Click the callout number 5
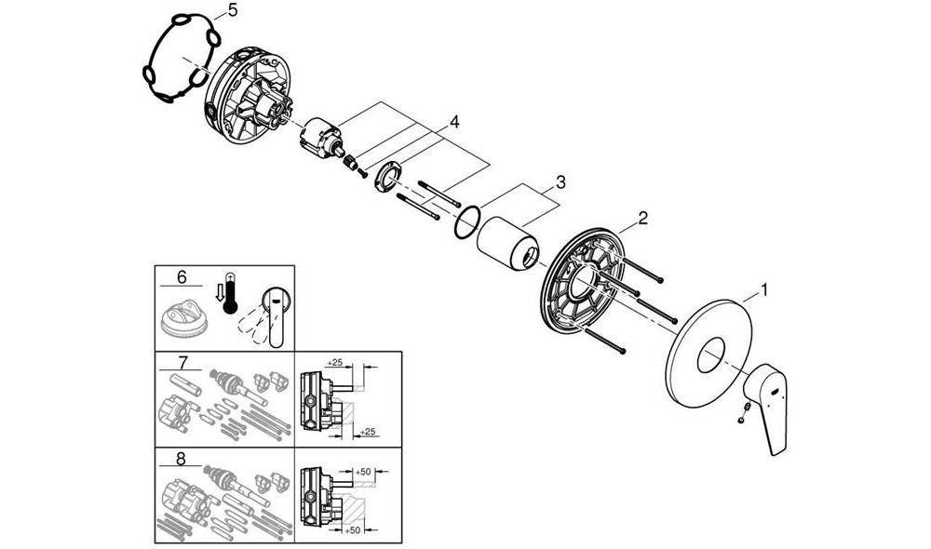click(232, 10)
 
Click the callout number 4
click(453, 123)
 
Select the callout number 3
click(560, 182)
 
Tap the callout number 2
click(642, 219)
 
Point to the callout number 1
click(765, 290)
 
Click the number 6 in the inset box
click(182, 277)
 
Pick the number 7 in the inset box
click(182, 362)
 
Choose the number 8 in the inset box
click(182, 459)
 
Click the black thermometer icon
click(229, 293)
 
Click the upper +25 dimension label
click(335, 362)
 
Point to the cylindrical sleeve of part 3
click(508, 245)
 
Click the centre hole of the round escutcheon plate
click(710, 355)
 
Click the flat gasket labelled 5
click(181, 59)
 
